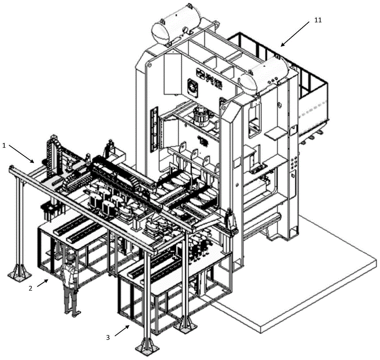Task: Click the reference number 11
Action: tap(318, 20)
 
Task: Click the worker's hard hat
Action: tap(70, 257)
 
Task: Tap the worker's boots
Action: tap(72, 313)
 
